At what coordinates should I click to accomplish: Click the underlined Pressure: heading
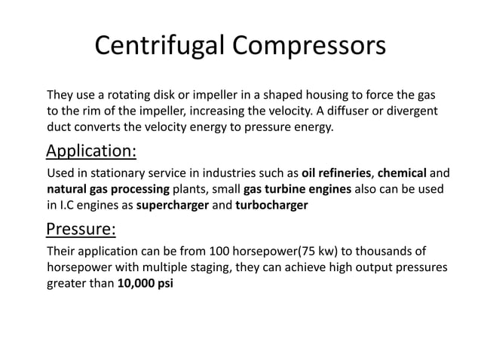point(81,228)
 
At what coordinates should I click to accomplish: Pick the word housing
point(314,96)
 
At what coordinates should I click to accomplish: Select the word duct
point(60,127)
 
